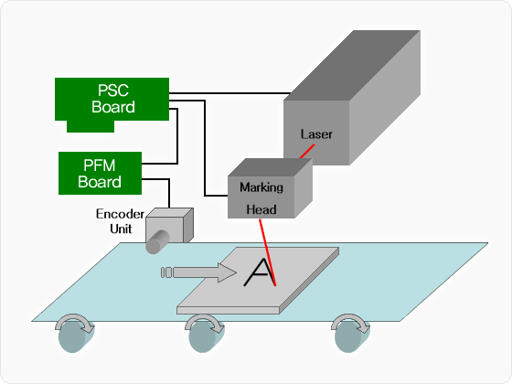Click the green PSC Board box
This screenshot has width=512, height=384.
point(112,100)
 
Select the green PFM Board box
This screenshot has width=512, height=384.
point(100,173)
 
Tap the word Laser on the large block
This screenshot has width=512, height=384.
point(316,134)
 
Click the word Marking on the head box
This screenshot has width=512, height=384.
point(261,187)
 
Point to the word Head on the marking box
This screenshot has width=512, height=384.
point(261,209)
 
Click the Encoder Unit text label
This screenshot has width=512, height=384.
point(120,221)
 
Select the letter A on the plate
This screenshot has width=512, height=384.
point(260,272)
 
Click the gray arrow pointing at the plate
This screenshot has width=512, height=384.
point(199,272)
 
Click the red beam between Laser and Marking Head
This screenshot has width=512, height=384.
point(307,151)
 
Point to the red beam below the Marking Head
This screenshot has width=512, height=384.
point(268,252)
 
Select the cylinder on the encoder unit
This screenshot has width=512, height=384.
point(157,242)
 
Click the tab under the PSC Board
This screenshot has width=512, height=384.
point(91,126)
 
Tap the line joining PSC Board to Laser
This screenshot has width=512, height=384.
point(229,93)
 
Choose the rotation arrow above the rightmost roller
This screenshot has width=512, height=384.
point(351,323)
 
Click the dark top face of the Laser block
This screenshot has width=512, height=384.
point(352,65)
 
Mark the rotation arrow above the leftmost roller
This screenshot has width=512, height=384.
point(74,323)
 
